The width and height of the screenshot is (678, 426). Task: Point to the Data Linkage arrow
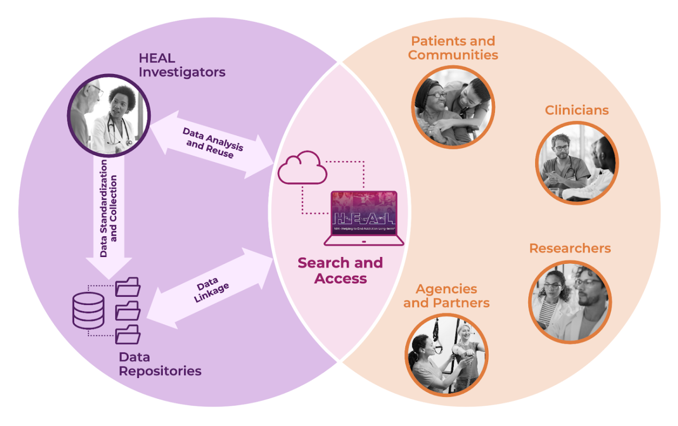click(x=211, y=289)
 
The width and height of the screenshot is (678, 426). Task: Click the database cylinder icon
click(x=88, y=310)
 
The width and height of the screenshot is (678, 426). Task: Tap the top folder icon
click(x=128, y=287)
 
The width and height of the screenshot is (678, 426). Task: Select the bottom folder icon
click(x=128, y=334)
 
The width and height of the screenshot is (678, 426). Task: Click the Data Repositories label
click(x=160, y=364)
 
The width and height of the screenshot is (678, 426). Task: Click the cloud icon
click(x=302, y=167)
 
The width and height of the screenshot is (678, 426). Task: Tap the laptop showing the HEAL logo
click(x=364, y=218)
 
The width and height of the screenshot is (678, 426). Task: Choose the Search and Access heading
click(x=340, y=270)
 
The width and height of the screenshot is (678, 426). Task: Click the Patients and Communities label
click(x=453, y=48)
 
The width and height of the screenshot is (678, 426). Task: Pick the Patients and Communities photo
click(x=452, y=107)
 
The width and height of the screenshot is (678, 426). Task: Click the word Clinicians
click(x=576, y=110)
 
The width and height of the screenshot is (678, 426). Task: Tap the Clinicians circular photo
click(x=577, y=163)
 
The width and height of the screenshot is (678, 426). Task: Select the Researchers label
click(x=570, y=248)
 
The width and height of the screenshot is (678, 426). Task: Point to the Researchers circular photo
click(x=570, y=302)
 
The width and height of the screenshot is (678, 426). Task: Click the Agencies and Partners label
click(x=446, y=296)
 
